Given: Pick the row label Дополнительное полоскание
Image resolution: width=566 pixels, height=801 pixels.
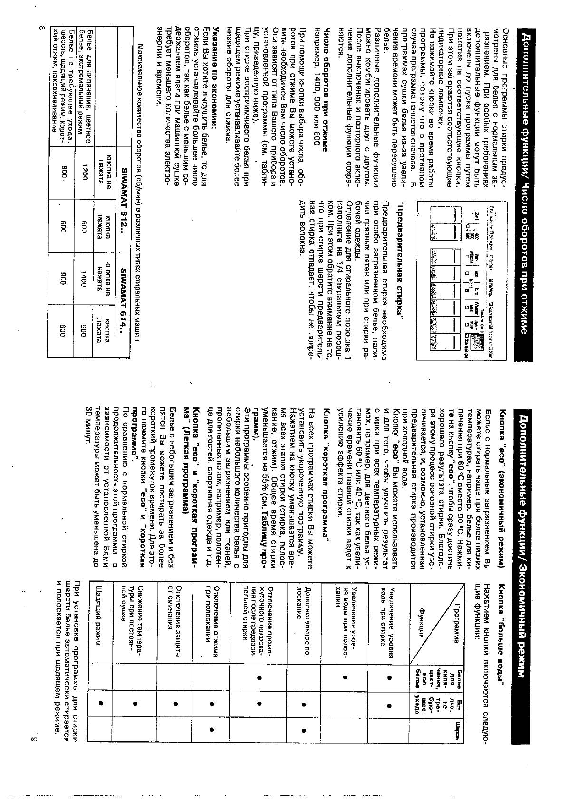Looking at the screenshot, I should [302, 613].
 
